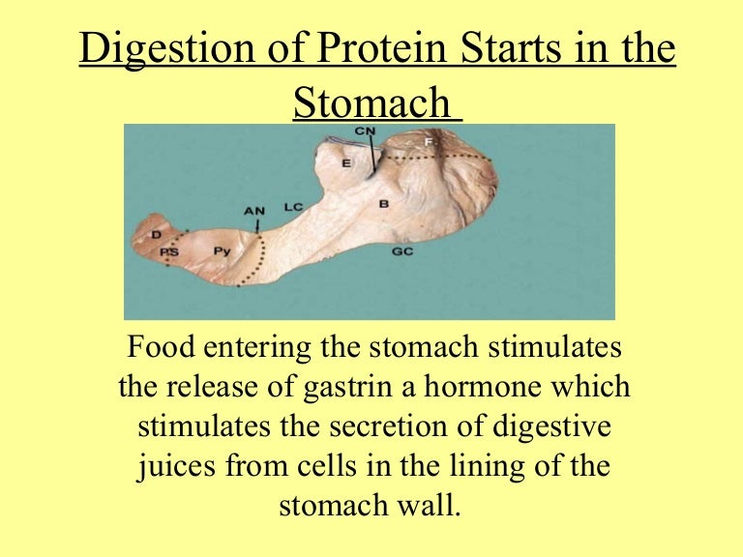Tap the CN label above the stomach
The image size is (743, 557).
coord(365,131)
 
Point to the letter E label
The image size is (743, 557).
coord(346,163)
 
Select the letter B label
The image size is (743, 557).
coord(383,204)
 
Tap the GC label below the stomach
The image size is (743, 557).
coord(402,251)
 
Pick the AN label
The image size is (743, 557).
coord(254,209)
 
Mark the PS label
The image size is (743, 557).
coord(170,251)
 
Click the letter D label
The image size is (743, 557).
coord(156,234)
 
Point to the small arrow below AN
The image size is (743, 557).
coord(258,224)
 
